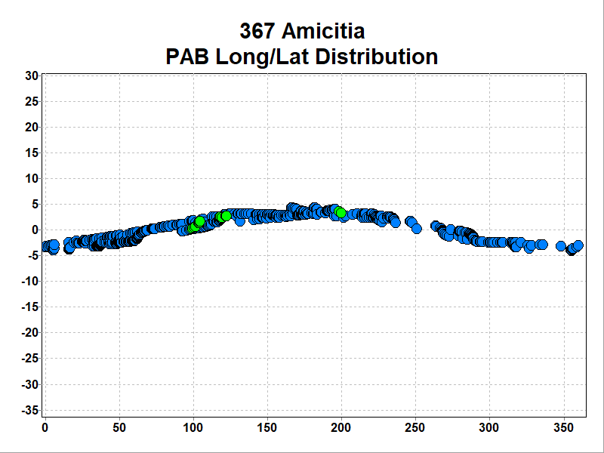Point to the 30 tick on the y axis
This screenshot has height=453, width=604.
(x=31, y=75)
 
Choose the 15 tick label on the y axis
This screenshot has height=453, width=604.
(x=31, y=153)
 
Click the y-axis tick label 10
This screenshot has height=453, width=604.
(x=31, y=178)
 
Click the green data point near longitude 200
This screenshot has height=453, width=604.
(x=341, y=212)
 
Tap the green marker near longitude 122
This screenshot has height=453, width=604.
(x=226, y=216)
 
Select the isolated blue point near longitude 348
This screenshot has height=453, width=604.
(x=560, y=246)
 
